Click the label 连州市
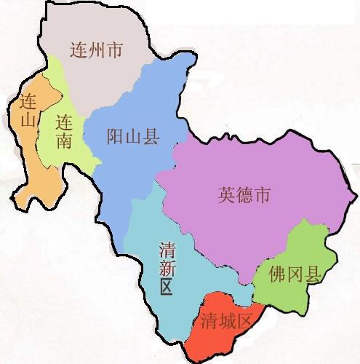[x=95, y=50]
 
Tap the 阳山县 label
[x=133, y=138]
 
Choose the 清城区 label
[x=226, y=321]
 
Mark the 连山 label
[x=29, y=111]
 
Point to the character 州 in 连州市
[x=95, y=50]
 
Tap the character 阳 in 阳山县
[x=116, y=138]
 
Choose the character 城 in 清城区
[x=226, y=321]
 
